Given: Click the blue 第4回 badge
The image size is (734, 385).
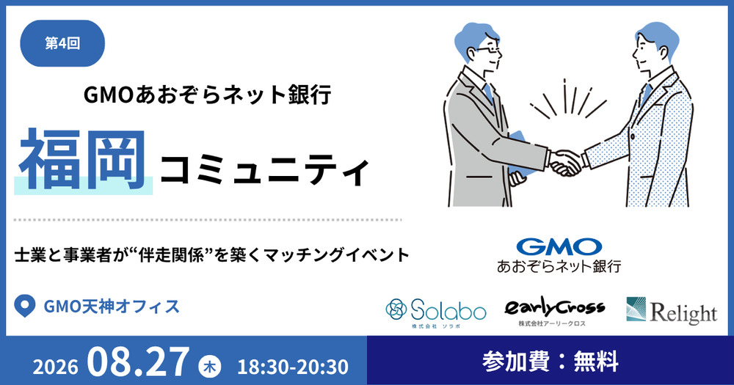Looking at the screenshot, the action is [62, 43].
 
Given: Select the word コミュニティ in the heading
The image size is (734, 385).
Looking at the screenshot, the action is [264, 171].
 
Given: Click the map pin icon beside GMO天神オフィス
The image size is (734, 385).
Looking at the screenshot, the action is [25, 306].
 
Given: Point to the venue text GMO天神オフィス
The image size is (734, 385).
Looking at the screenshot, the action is [112, 307].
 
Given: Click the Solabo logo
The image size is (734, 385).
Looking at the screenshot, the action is [436, 312].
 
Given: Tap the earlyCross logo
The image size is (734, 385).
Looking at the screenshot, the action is [554, 311].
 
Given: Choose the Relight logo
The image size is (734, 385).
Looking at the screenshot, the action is [672, 311].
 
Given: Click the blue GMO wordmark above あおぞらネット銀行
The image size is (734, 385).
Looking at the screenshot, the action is [559, 247].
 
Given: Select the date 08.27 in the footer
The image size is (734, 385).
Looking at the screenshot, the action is [138, 362].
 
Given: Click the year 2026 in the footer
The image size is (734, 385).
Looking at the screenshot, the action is [55, 367].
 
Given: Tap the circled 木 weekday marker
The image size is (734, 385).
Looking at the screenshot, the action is [210, 366].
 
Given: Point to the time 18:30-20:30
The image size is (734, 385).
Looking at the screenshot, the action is [293, 367].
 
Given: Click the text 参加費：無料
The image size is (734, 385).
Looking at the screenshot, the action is [550, 362].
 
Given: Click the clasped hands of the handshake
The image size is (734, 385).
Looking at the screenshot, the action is [565, 162].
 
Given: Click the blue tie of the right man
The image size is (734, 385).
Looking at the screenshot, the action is [646, 95].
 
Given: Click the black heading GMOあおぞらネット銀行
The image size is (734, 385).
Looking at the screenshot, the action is [208, 95].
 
